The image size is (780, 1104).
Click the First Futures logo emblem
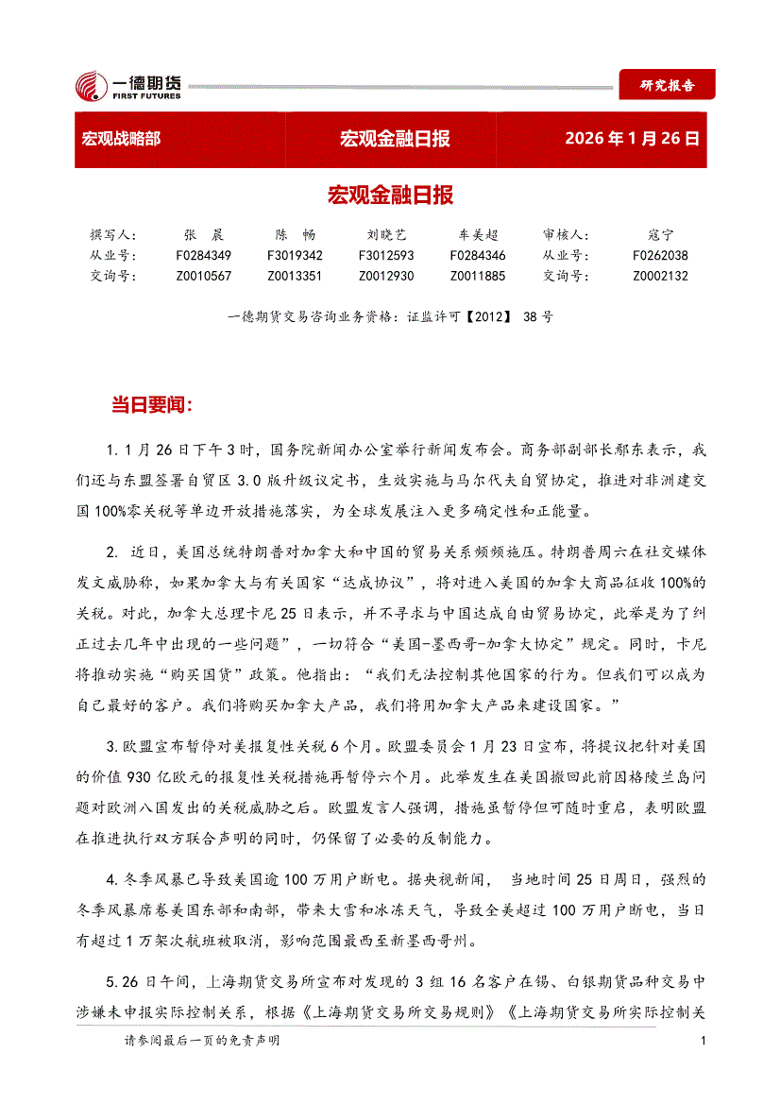(93, 87)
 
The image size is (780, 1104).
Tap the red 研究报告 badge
(667, 85)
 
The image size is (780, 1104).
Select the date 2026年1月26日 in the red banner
(632, 140)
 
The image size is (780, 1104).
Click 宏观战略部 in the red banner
(121, 140)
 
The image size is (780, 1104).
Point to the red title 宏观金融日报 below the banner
(390, 195)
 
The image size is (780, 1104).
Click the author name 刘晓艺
(386, 234)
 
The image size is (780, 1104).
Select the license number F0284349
(203, 255)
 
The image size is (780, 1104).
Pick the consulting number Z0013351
(295, 276)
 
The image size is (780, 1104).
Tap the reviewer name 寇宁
(661, 234)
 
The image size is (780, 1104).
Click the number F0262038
(660, 255)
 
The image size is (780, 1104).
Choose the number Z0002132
(660, 276)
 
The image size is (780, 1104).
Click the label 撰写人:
(113, 234)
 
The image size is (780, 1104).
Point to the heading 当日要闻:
(152, 406)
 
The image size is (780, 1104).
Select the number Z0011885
(478, 276)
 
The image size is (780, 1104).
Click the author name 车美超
(478, 234)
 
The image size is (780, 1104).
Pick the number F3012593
(386, 255)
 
